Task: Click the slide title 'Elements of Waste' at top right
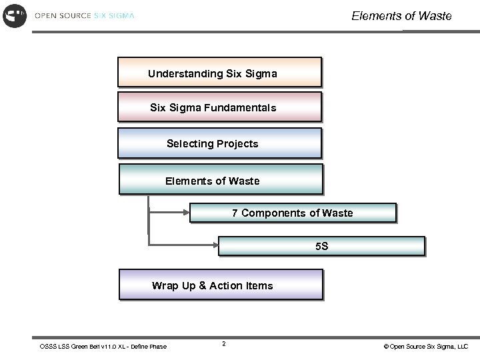pos(401,15)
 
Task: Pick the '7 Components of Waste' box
pos(293,213)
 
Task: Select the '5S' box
pos(322,246)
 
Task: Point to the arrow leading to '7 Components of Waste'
pos(169,213)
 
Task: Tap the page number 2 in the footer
pos(223,344)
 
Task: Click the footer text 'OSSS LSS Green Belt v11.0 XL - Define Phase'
pos(103,346)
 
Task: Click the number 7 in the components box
pos(235,213)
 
